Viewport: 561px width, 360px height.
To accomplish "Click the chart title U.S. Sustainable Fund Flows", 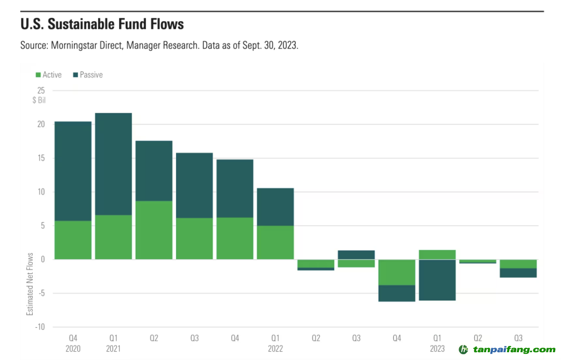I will coord(102,24).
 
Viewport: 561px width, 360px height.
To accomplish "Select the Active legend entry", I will coord(49,75).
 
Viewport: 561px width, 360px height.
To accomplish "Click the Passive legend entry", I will coord(88,75).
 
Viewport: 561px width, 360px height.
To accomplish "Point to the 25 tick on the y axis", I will coord(41,90).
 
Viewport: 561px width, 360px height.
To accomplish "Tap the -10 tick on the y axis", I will coord(40,327).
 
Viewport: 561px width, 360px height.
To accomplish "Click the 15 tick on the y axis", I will coord(41,158).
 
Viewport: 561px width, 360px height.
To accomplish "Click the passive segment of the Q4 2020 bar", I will coord(73,171).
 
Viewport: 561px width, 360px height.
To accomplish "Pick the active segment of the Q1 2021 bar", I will coord(113,237).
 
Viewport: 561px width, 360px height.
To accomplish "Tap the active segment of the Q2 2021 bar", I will coord(154,230).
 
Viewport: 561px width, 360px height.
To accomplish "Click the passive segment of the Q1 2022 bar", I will coord(275,207).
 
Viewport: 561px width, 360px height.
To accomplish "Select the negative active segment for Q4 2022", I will coord(397,272).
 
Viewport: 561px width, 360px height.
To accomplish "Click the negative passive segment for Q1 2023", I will coord(437,280).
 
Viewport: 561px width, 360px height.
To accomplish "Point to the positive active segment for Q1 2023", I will coord(437,255).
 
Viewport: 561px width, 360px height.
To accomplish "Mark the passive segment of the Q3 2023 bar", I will coord(518,273).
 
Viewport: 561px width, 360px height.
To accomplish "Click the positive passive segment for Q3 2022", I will coord(356,255).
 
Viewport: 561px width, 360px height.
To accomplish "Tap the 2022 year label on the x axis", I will coord(275,349).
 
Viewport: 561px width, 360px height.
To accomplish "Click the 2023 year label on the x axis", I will coord(437,349).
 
